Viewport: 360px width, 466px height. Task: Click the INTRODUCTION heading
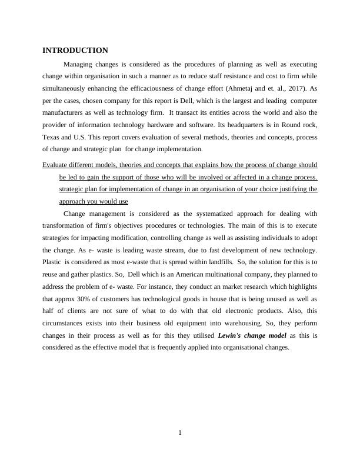(75, 51)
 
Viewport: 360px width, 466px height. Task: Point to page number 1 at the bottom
(180, 434)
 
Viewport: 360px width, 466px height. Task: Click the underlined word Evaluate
(57, 165)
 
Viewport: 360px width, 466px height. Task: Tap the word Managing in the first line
(78, 64)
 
